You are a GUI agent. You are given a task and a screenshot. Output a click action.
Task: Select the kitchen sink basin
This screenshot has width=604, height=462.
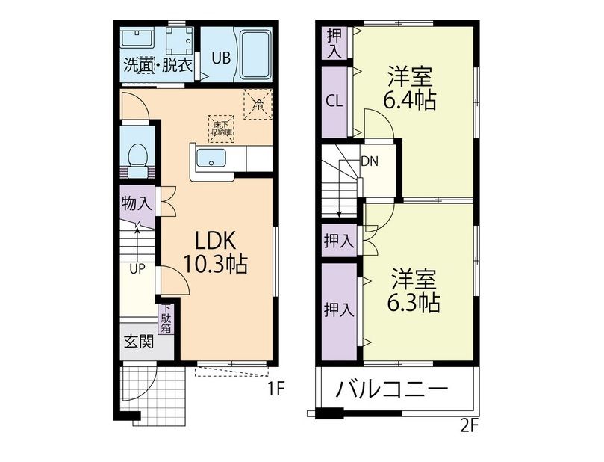[x=211, y=158]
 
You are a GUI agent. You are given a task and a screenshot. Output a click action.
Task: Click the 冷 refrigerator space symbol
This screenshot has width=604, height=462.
[x=258, y=104]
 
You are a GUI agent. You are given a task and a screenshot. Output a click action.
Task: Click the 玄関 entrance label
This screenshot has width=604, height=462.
[x=139, y=342]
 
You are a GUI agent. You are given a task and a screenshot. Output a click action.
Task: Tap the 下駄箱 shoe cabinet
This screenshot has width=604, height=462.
[x=166, y=319]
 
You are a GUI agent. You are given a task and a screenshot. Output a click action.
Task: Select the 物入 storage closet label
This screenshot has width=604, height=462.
[x=137, y=203]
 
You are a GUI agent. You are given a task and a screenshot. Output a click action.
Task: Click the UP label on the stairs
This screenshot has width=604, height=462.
[x=137, y=269]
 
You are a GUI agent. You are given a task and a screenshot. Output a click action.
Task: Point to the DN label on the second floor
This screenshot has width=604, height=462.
[x=370, y=161]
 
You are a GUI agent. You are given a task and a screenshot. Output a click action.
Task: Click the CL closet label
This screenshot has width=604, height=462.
[x=334, y=102]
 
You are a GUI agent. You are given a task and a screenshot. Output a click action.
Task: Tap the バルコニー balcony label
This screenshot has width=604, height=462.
[x=392, y=388]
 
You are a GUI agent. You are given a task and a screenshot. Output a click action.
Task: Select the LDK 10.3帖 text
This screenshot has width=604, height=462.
[x=216, y=253]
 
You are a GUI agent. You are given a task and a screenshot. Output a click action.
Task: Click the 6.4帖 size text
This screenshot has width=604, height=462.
[x=409, y=101]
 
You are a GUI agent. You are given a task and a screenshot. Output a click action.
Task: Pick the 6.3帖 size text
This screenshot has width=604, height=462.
[x=414, y=303]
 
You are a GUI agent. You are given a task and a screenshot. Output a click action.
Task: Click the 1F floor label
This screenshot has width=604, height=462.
[x=275, y=389]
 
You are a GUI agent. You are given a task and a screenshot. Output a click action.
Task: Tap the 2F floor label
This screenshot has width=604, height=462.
[x=469, y=426]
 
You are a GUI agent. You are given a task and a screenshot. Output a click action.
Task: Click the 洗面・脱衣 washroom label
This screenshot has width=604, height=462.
[x=158, y=65]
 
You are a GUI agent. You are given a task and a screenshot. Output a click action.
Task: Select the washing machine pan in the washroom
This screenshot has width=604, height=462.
[x=179, y=40]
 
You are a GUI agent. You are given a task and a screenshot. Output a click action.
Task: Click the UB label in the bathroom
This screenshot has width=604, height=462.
[x=222, y=58]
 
